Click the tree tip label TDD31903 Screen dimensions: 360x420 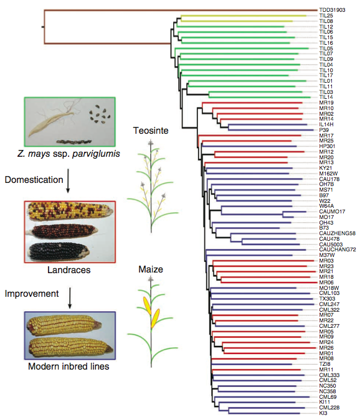[332, 10]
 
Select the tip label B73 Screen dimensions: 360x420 [324, 228]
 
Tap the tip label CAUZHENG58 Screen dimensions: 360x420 [337, 233]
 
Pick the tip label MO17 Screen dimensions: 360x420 [326, 217]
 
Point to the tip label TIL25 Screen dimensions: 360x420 [326, 16]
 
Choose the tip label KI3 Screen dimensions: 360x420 [323, 413]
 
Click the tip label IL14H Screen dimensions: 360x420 [326, 124]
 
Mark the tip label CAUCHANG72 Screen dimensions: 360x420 [338, 250]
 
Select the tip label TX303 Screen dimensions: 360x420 [327, 299]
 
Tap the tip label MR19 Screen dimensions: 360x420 [326, 103]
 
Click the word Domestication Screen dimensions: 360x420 [34, 180]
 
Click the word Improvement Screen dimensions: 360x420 [32, 294]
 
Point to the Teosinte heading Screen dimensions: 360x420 [151, 131]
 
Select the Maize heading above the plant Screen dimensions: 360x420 [151, 269]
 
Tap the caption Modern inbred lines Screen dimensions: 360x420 [69, 366]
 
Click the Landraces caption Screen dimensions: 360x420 [69, 269]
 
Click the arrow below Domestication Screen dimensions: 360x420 [68, 180]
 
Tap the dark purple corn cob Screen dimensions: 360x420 [59, 252]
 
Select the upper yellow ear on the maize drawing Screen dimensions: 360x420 [147, 306]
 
